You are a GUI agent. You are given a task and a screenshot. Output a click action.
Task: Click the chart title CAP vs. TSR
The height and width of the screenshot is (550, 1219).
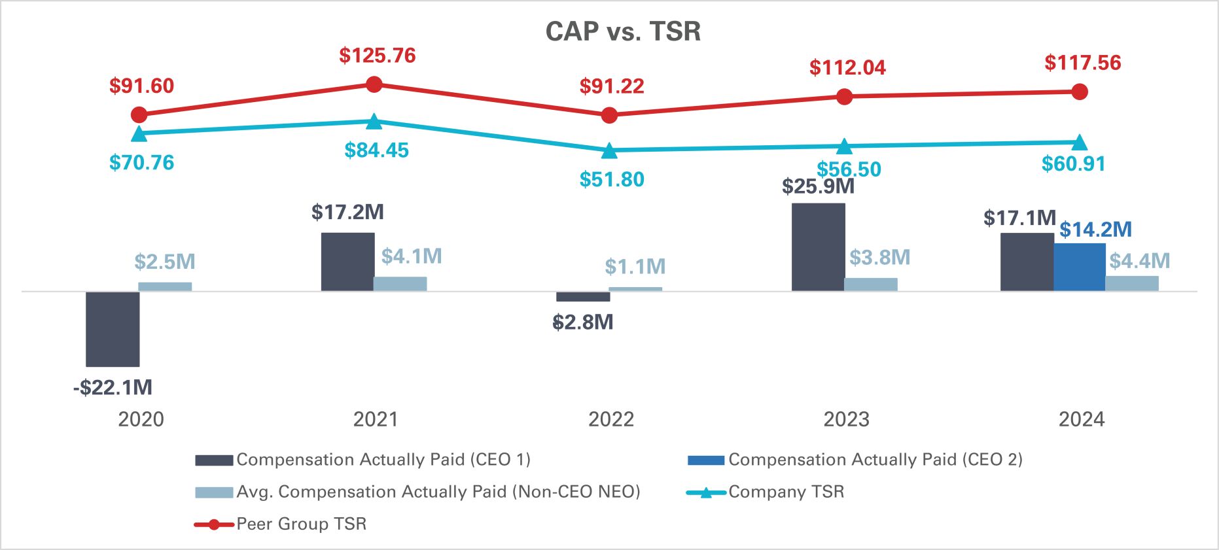click(x=623, y=31)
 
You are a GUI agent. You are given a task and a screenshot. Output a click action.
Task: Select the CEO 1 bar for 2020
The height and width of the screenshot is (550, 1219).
click(x=113, y=329)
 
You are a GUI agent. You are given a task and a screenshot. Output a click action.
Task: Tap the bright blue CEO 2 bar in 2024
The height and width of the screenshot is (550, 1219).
click(x=1080, y=267)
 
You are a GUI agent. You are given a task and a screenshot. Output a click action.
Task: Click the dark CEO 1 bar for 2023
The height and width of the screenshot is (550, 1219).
click(x=818, y=247)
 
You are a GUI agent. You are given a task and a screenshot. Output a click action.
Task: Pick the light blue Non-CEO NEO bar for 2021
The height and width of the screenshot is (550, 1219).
click(x=400, y=284)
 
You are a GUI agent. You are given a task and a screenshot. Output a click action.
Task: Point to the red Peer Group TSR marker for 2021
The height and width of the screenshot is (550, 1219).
click(x=374, y=84)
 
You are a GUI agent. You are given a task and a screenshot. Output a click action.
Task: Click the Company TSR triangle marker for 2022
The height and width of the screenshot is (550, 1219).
click(x=609, y=151)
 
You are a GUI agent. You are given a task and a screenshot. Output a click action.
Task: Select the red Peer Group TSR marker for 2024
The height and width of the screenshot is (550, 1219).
click(x=1080, y=92)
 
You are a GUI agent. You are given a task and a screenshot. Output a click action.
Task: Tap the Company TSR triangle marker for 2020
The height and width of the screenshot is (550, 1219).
click(x=139, y=134)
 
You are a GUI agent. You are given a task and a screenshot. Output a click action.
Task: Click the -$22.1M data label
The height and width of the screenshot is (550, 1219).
click(x=113, y=387)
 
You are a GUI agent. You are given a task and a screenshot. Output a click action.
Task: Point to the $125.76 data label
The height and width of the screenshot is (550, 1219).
click(x=377, y=56)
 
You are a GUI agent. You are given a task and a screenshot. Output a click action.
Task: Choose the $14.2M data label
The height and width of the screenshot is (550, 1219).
click(x=1095, y=230)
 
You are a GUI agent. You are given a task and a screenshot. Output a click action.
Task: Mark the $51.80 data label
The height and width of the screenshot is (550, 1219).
click(x=612, y=179)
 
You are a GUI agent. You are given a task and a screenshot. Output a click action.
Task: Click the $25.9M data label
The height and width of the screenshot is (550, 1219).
click(x=818, y=187)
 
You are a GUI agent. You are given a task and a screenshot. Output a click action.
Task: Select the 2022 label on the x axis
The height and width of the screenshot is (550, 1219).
click(x=611, y=419)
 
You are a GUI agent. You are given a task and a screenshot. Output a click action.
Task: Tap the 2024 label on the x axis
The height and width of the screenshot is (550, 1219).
click(x=1082, y=419)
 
